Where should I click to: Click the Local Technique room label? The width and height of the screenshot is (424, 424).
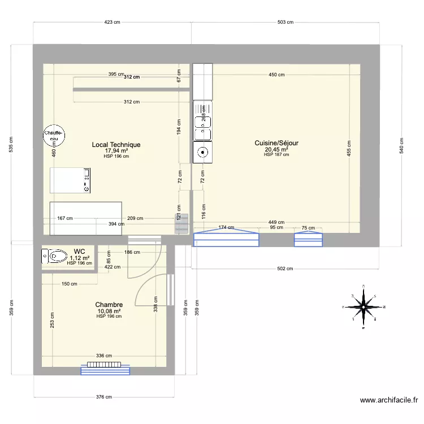pos(116,145)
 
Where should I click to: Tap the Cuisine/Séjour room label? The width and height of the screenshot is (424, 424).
pos(276,144)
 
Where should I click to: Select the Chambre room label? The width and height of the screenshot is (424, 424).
pos(109,305)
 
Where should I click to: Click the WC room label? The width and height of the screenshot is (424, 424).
pos(79,251)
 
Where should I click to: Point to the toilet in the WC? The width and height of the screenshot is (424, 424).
pos(54,257)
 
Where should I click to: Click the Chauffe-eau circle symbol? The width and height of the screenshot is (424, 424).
pos(54,135)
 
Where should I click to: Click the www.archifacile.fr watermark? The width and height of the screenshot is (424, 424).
pos(390,400)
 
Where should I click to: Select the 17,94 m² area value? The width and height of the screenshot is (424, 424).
pos(116,151)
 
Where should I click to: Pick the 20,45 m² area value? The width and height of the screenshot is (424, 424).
pos(276,150)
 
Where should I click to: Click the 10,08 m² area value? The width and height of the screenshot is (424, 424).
pos(109,311)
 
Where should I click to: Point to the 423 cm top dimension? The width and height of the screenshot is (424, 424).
pos(112,23)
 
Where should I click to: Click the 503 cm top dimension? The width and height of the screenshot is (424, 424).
pos(285,23)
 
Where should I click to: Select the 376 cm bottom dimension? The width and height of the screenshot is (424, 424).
pos(104,397)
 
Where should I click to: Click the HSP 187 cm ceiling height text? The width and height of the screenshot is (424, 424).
pos(276,155)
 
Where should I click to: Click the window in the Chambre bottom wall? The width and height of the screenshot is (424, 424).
pos(106,369)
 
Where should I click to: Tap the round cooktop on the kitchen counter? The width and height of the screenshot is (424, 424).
pos(202,152)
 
